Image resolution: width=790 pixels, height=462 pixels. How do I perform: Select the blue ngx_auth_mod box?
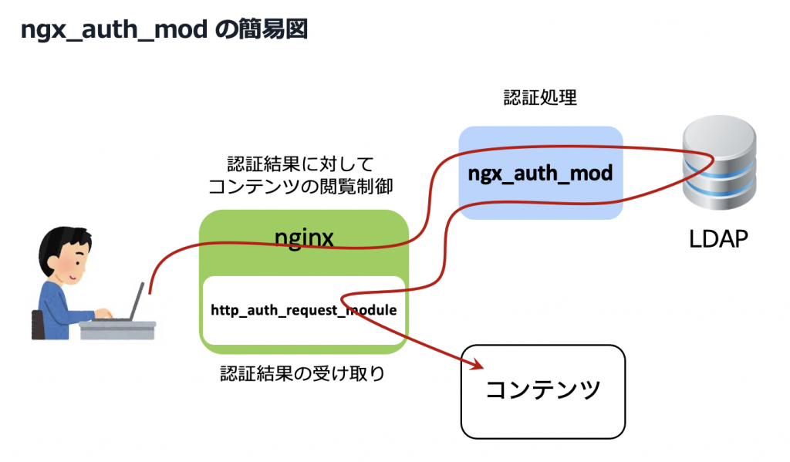tap(540, 173)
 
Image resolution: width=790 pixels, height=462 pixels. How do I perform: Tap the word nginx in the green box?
tap(304, 238)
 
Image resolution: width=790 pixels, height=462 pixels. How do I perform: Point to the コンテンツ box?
tap(542, 391)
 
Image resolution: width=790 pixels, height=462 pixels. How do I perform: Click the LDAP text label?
tap(718, 240)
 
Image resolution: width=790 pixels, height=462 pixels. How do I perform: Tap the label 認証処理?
tap(540, 98)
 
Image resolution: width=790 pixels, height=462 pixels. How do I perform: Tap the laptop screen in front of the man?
tap(138, 302)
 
